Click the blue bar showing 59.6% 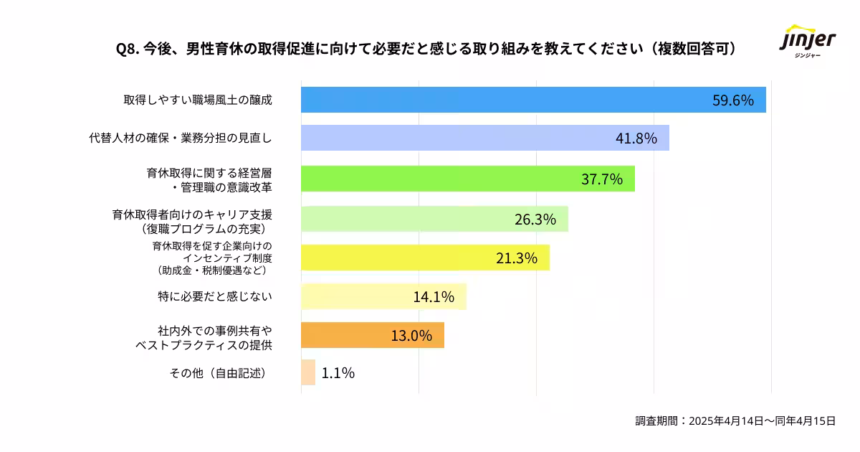tap(533, 100)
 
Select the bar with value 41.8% tap(484, 138)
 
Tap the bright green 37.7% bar tap(467, 179)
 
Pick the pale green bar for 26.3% tap(434, 219)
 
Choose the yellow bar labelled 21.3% tap(425, 258)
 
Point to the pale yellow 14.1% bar tap(383, 296)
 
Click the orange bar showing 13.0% tap(372, 335)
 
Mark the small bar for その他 tap(308, 372)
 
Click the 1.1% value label tap(338, 373)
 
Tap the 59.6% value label tap(732, 100)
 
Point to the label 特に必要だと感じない tap(215, 296)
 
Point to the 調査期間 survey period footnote tap(735, 421)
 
